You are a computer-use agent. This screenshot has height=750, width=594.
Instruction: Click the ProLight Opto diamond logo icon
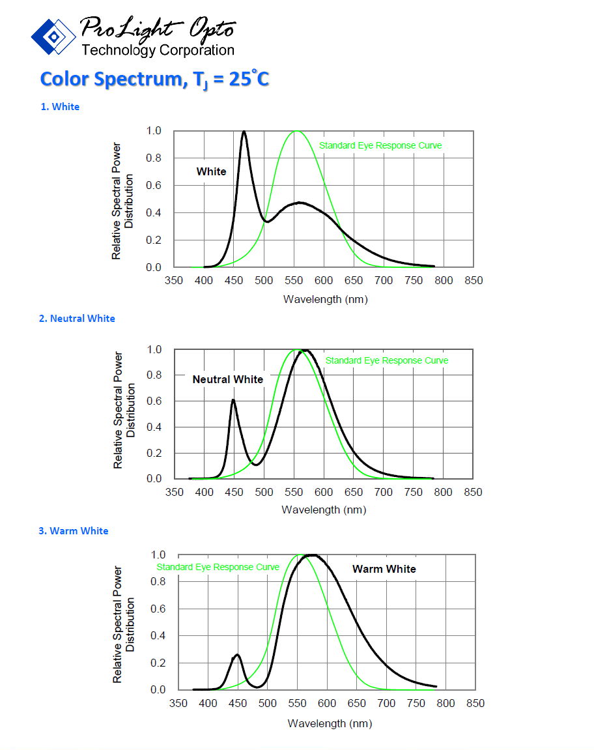(54, 36)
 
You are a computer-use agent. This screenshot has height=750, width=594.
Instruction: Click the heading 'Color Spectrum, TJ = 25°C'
(154, 79)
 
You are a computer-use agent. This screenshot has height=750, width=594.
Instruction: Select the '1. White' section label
(60, 107)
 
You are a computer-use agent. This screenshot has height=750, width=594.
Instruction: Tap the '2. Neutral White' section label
(77, 318)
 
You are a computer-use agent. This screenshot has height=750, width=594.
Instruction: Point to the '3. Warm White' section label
(73, 531)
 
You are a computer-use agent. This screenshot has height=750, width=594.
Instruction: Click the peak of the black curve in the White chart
(244, 132)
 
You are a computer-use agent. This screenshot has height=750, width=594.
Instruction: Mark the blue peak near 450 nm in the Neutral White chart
(233, 400)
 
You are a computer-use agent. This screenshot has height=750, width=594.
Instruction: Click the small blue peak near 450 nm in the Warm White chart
(237, 655)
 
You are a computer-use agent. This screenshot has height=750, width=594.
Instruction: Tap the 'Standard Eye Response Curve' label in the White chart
(380, 145)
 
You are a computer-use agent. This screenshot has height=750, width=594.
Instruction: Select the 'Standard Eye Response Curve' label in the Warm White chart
(218, 568)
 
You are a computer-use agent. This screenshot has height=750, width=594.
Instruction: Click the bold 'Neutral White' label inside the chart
(228, 379)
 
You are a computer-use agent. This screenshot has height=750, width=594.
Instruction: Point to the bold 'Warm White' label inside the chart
(384, 569)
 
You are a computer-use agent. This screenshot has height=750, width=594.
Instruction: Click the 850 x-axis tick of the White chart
(474, 280)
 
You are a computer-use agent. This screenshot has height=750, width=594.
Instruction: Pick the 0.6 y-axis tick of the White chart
(153, 186)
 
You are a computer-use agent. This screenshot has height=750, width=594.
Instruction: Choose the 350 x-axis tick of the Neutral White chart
(175, 492)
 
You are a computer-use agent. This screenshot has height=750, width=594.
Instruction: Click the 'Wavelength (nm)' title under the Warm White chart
(330, 723)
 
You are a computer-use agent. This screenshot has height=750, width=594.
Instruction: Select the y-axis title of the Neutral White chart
(123, 410)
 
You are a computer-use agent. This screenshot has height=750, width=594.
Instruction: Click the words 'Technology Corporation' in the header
(158, 50)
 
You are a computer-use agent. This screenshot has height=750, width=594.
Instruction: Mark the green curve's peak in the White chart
(296, 131)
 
